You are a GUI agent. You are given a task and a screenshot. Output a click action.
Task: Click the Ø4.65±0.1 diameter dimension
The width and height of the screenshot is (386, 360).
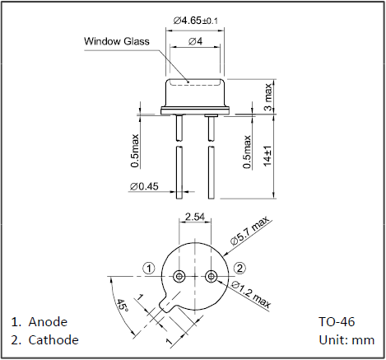(196, 21)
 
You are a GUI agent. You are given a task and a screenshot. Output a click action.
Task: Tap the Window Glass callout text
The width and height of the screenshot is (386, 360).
(117, 41)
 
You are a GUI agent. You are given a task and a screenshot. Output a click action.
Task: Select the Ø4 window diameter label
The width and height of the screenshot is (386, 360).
(195, 41)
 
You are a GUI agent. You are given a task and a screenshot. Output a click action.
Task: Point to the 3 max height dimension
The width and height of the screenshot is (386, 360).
(268, 96)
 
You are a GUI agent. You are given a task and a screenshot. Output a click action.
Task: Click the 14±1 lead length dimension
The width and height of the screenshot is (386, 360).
(267, 156)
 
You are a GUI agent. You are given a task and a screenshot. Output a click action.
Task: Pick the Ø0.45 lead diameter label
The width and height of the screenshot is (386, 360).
(144, 186)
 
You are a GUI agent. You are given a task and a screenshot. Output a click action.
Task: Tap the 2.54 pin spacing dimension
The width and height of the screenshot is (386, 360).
(195, 217)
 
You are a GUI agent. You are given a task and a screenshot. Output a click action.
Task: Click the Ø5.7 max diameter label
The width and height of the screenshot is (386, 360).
(249, 230)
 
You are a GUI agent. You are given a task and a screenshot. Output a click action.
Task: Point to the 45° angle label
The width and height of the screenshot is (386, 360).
(123, 306)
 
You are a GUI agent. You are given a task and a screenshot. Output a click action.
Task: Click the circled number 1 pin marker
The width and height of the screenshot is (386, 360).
(149, 269)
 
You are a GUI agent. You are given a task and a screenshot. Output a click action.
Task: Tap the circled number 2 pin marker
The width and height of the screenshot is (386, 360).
(240, 269)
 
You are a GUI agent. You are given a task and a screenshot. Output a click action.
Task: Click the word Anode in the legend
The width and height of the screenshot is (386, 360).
(48, 322)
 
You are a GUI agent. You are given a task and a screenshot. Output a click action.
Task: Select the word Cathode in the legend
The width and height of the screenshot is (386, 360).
(53, 340)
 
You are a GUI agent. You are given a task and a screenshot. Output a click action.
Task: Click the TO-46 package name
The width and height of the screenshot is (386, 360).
(337, 322)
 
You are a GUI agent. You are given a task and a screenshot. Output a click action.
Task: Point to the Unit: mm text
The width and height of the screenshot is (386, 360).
(346, 340)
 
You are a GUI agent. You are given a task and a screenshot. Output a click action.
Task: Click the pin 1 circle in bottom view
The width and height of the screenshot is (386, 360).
(179, 276)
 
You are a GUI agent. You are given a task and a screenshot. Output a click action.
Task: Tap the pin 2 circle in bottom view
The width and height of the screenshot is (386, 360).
(212, 276)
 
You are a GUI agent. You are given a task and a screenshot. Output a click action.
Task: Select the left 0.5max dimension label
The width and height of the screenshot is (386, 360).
(135, 151)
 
